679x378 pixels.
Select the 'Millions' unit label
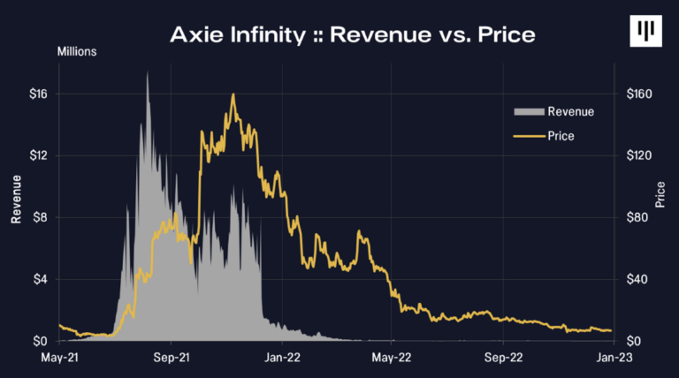point(77,51)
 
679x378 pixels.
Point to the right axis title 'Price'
point(660,195)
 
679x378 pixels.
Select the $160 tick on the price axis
point(638,94)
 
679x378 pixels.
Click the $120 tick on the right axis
point(638,155)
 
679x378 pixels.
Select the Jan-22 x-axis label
point(281,359)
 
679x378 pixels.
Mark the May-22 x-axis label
point(392,359)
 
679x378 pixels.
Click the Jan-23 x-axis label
point(613,359)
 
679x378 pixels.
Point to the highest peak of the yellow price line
point(233,94)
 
